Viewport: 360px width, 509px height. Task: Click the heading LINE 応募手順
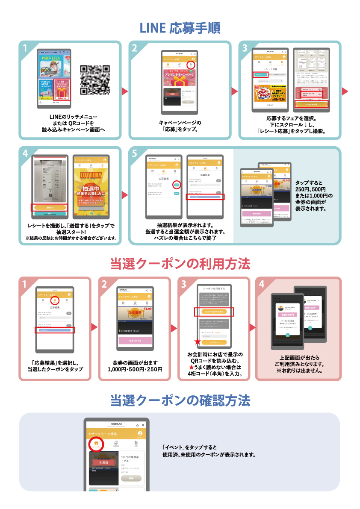180,28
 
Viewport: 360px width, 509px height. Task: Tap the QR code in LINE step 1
95,79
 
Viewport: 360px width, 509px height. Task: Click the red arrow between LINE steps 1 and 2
125,91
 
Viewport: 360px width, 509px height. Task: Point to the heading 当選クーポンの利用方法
180,264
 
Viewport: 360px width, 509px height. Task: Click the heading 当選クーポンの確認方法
180,400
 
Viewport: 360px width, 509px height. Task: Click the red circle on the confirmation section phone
97,444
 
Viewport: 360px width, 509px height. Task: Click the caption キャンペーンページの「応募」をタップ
180,126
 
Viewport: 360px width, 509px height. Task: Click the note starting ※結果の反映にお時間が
72,238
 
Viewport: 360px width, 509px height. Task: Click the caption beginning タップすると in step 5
314,196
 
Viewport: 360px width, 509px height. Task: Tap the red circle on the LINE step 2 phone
191,65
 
